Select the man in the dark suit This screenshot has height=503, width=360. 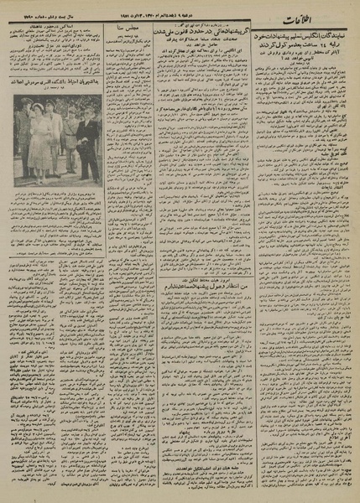pos(87,151)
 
